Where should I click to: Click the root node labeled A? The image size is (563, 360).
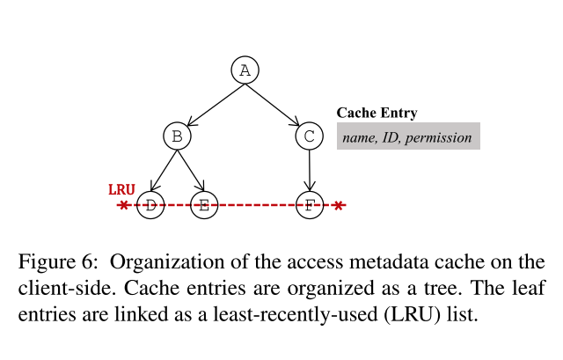(245, 70)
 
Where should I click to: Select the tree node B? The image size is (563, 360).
(178, 136)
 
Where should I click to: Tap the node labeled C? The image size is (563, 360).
(309, 136)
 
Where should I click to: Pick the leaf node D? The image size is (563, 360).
(150, 205)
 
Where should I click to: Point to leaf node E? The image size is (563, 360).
(204, 205)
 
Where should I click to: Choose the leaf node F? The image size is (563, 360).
(309, 205)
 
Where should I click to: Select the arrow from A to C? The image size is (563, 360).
(277, 104)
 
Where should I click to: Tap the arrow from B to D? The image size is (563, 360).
(164, 171)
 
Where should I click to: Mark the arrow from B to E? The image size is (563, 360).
(191, 171)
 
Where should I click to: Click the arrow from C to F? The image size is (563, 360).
(309, 171)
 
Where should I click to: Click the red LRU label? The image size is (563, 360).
(121, 189)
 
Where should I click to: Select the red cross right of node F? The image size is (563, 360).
(339, 205)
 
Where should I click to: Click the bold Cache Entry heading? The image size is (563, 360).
(377, 113)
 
